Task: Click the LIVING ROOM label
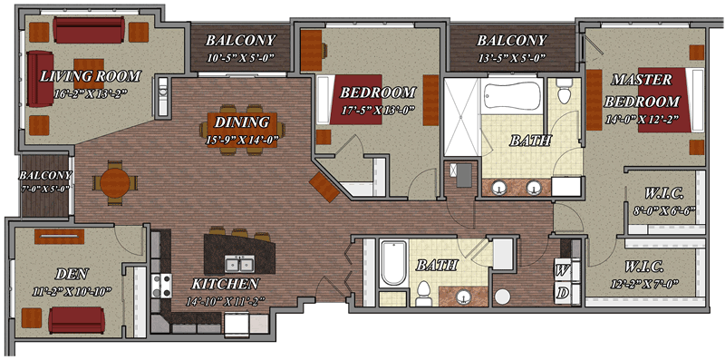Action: (x=90, y=75)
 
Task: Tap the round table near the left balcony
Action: (x=115, y=183)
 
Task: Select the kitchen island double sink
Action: (x=239, y=263)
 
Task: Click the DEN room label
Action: (x=72, y=275)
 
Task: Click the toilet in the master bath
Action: (x=564, y=92)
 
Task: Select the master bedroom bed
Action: (x=671, y=100)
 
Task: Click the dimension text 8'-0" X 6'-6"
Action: (x=664, y=210)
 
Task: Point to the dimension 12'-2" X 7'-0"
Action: (x=645, y=283)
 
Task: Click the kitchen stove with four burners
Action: (x=162, y=286)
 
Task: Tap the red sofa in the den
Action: (x=77, y=320)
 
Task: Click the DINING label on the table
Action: (x=242, y=122)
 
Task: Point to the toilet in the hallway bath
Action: (x=423, y=294)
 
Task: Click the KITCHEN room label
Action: (x=226, y=283)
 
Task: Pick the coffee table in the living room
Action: (x=89, y=73)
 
